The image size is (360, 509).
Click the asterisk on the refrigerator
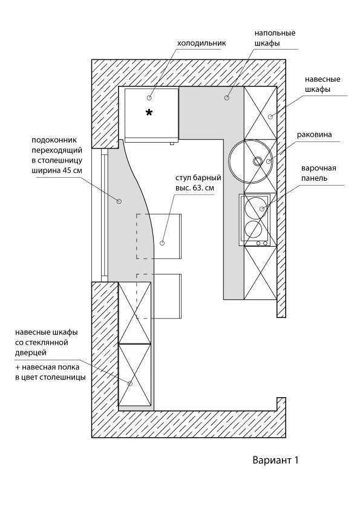[149, 112]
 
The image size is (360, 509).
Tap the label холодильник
[201, 43]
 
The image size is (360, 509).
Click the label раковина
[314, 135]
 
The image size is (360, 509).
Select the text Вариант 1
[275, 460]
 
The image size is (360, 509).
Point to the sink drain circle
[257, 161]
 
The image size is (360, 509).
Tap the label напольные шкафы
[275, 38]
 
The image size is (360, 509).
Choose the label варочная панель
[318, 173]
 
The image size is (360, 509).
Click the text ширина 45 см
[56, 170]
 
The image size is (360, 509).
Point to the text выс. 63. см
[195, 187]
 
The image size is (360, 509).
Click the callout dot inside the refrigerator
[149, 98]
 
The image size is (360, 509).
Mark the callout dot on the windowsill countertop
[119, 201]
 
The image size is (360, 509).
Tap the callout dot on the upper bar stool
[162, 243]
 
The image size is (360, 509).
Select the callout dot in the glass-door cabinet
[130, 383]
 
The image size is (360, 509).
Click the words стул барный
[198, 178]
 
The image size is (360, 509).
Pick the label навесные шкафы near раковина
[322, 84]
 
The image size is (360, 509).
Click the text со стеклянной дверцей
[42, 348]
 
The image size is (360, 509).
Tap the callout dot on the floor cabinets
[227, 97]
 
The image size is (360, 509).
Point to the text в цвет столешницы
[50, 378]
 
